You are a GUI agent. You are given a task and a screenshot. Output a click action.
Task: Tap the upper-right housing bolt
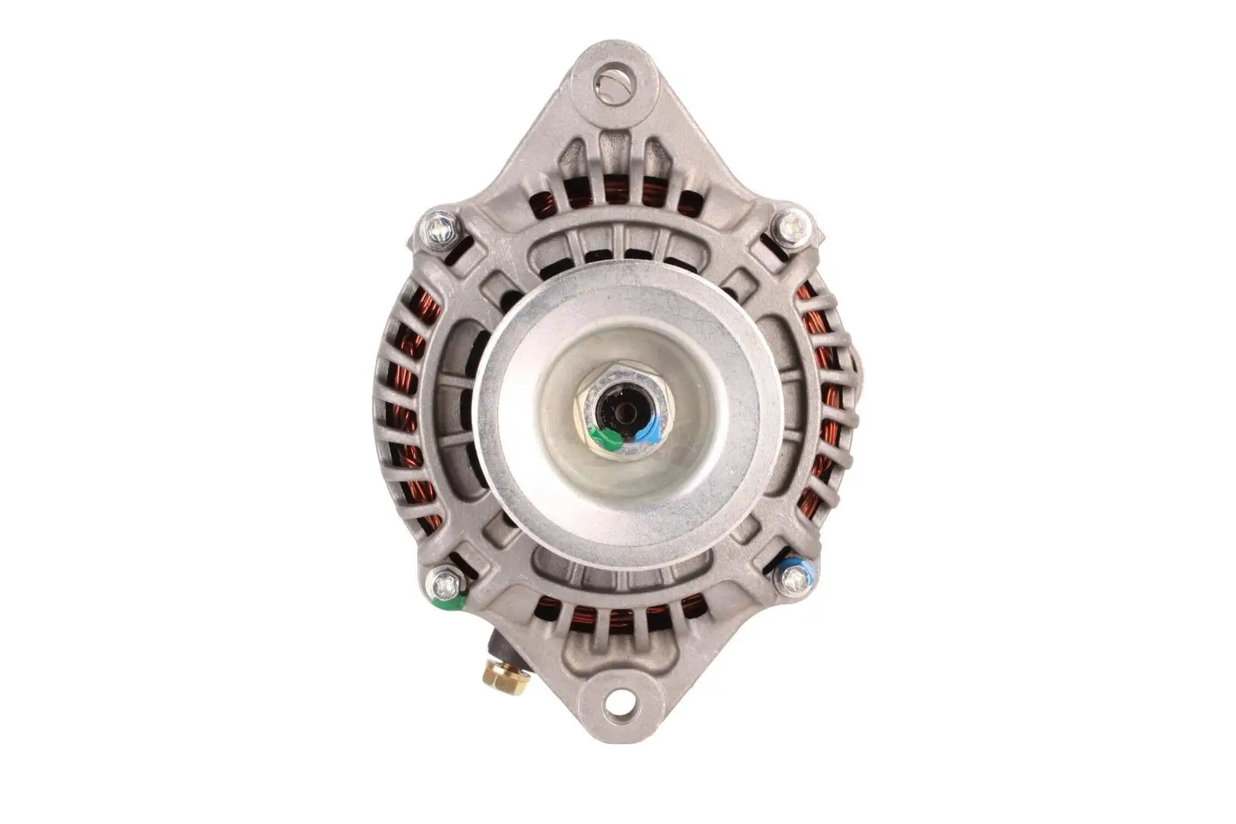click(x=793, y=226)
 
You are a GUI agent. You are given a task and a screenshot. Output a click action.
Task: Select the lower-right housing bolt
click(x=794, y=581)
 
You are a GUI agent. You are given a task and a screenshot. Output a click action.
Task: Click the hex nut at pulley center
click(x=623, y=412)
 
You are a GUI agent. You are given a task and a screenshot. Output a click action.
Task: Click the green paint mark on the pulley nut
click(x=608, y=439)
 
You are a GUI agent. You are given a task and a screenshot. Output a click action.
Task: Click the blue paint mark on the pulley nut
click(x=648, y=431)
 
